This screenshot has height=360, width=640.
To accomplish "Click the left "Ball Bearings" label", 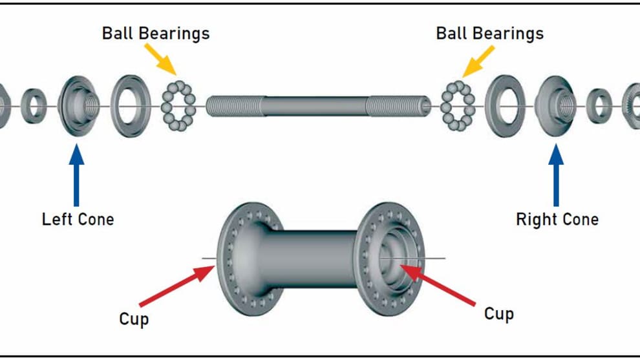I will coord(156,33).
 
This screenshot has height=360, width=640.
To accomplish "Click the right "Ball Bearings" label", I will coord(489,33).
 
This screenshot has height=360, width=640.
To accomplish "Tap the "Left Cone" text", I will coord(78,219).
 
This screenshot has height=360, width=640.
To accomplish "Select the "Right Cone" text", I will coord(557,219).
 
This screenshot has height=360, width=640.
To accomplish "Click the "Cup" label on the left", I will coord(134,319).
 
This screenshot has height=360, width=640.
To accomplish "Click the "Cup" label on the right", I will coord(499,314).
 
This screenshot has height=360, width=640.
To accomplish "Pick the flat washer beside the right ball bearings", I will coord(505,105).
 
